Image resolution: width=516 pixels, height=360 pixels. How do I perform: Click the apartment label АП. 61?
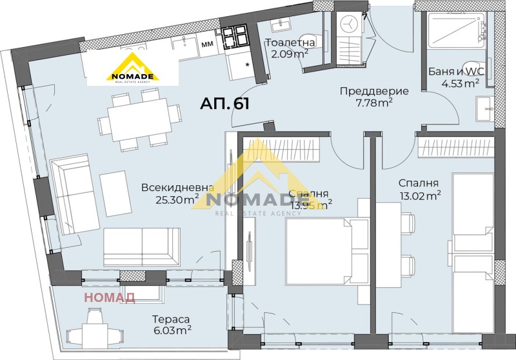click(224, 103)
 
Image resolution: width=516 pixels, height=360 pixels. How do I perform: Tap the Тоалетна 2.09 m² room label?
click(290, 48)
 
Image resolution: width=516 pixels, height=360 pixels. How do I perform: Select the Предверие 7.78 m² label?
click(366, 97)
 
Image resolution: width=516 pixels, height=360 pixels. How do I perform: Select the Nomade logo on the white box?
click(132, 69)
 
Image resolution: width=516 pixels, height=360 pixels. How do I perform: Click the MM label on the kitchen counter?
click(207, 45)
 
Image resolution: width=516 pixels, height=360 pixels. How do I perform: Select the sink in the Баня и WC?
click(484, 110)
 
